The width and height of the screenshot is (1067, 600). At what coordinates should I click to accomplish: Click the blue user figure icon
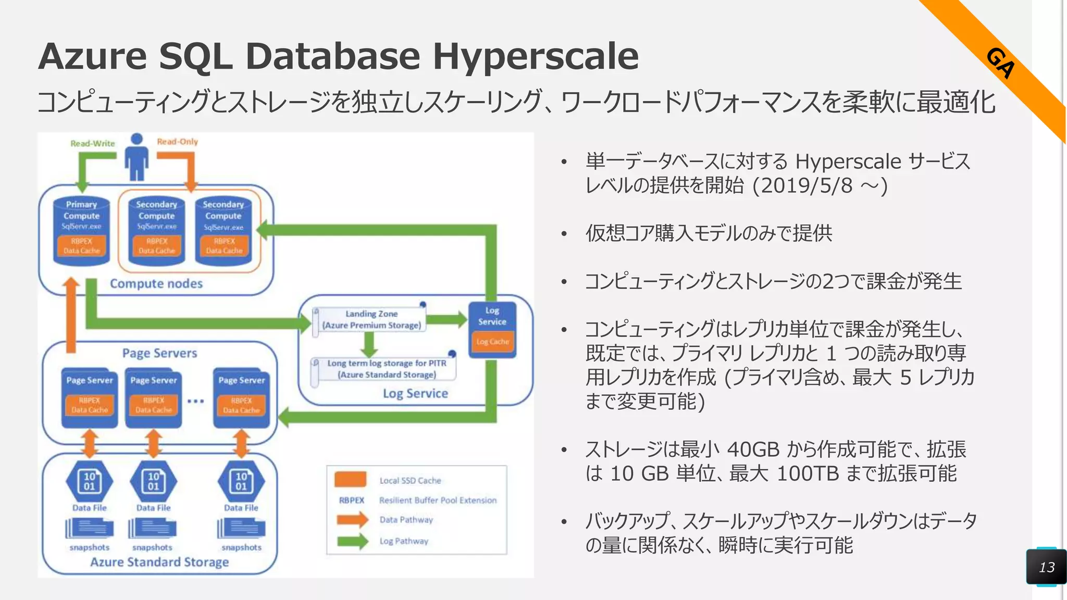pos(137,157)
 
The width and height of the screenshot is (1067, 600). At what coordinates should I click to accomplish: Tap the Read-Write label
pos(93,143)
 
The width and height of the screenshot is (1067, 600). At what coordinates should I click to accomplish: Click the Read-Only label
pos(177,141)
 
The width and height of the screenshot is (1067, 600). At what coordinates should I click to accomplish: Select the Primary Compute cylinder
pos(82,229)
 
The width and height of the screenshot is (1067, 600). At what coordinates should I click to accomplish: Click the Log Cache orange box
pos(492,342)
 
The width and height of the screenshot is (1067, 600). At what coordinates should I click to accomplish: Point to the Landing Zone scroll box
pos(371,319)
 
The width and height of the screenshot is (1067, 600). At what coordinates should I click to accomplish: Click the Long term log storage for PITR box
pos(386,369)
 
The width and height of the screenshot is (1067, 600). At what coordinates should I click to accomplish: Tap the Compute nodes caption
pos(156,283)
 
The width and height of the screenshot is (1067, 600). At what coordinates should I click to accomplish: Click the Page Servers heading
pos(159,353)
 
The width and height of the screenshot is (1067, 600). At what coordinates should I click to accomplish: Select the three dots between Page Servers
pos(195,401)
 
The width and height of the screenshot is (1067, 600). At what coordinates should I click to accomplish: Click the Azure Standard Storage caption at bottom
pos(159,562)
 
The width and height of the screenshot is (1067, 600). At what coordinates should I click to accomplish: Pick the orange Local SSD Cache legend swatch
pos(350,479)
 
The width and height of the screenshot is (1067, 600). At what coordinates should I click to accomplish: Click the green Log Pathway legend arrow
pos(352,541)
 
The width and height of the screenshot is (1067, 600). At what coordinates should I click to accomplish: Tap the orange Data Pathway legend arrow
pos(352,519)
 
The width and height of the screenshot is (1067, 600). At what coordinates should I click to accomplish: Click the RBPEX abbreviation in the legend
pos(352,500)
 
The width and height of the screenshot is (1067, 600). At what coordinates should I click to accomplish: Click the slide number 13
pos(1047,567)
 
